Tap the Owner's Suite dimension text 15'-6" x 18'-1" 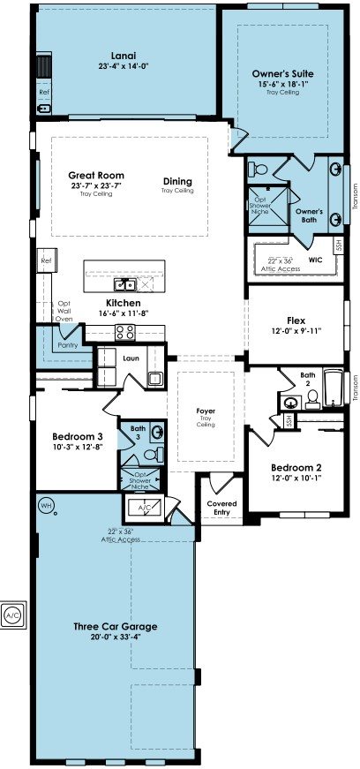(283, 84)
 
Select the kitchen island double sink (124, 284)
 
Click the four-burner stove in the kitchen (124, 332)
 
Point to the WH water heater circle (46, 505)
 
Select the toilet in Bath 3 (152, 454)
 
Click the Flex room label (296, 320)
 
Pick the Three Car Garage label (116, 626)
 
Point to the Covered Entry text (221, 508)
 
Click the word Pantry (68, 345)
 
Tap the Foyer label (206, 411)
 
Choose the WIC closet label (315, 260)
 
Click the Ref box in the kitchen (47, 261)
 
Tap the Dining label (177, 182)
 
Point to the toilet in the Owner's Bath (258, 170)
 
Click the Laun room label (131, 358)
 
